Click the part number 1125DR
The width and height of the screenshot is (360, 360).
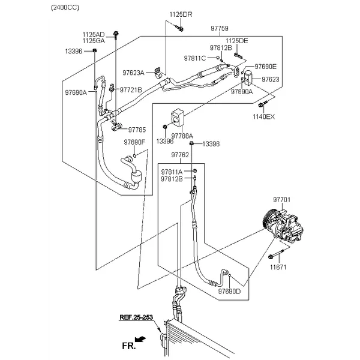pos(180,14)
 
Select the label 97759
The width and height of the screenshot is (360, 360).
pos(219,28)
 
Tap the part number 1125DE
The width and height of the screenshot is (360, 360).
pos(236,40)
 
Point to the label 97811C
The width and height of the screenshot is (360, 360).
pos(195,58)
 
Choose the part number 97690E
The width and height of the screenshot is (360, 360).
pos(265,67)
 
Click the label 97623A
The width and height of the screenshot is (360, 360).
pos(133,73)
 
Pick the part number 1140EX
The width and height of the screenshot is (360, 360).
pos(263,117)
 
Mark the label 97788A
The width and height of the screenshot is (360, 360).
pos(183,136)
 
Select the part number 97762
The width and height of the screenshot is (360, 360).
pos(180,155)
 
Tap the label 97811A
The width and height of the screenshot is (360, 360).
pos(172,172)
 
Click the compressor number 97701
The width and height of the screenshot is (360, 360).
pos(283,199)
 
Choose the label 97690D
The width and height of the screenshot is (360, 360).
pos(229,291)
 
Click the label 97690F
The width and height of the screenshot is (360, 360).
pos(134,142)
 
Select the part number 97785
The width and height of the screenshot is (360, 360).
pos(137,129)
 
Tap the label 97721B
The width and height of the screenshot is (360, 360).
pos(131,90)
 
